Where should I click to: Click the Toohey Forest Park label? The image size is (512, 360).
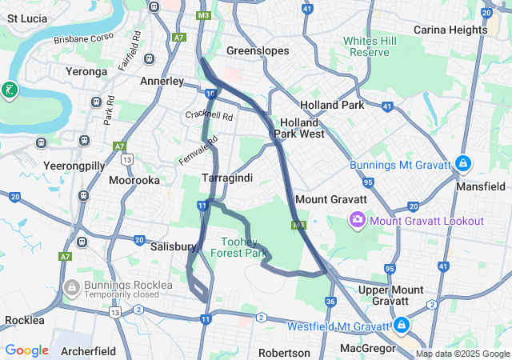click(238, 246)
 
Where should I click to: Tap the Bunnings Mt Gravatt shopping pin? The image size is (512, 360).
click(463, 165)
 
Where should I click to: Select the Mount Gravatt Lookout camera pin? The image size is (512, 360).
click(357, 219)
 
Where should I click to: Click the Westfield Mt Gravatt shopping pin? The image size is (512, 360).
click(401, 326)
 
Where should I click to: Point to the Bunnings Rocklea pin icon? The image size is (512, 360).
click(71, 286)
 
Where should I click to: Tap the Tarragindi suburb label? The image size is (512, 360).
click(227, 178)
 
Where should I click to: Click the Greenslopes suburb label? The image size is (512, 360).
click(258, 50)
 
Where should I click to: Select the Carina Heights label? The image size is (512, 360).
click(450, 30)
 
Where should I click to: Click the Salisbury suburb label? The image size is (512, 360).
click(174, 247)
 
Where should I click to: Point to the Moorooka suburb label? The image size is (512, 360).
click(134, 180)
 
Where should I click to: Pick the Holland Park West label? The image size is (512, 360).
click(299, 128)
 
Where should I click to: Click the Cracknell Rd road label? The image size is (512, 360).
click(210, 116)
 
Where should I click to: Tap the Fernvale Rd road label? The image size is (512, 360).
click(198, 150)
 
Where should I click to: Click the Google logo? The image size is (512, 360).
click(26, 350)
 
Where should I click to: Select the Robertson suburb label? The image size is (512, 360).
click(284, 352)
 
